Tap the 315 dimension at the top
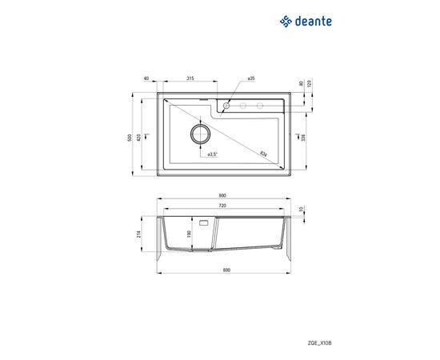(190, 78)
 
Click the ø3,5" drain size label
(213, 154)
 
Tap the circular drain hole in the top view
(199, 133)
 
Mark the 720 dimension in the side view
(222, 206)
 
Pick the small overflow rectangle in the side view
(203, 222)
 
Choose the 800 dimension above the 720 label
(222, 196)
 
